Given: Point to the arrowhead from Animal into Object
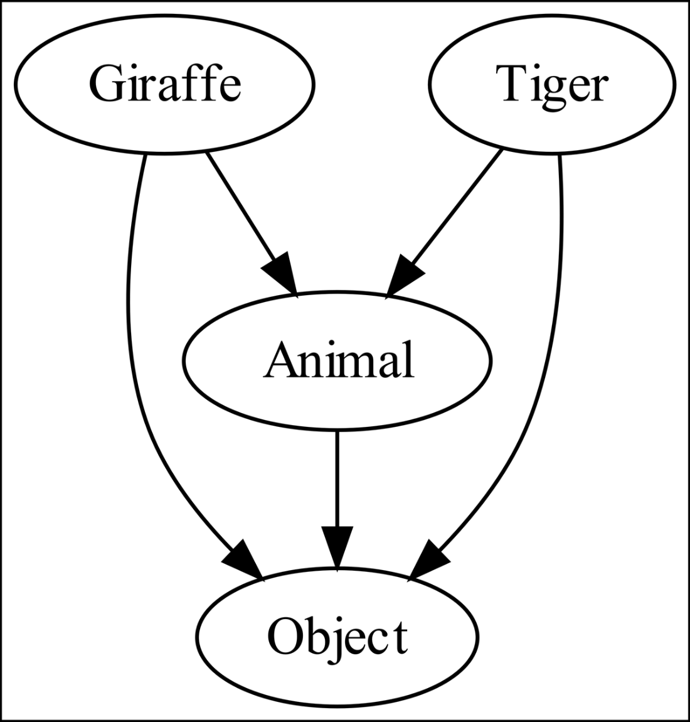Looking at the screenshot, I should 337,546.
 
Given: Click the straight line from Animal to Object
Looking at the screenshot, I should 337,477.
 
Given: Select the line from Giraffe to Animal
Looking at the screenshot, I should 242,207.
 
